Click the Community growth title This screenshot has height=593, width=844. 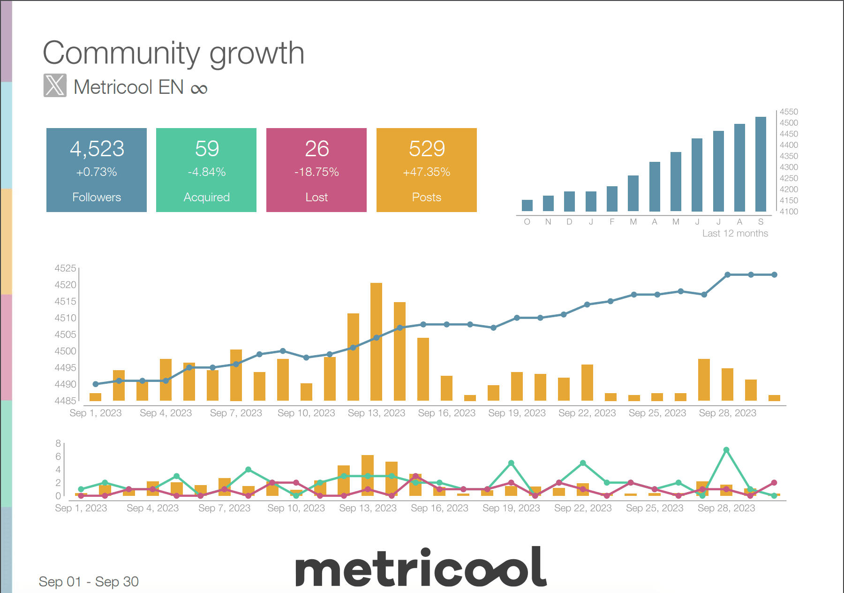click(173, 53)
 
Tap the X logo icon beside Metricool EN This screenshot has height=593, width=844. click(55, 85)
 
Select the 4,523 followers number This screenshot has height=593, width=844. click(97, 149)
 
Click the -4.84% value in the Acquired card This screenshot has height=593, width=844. click(206, 172)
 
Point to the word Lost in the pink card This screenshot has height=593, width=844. click(316, 198)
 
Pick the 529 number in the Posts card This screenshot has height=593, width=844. click(426, 149)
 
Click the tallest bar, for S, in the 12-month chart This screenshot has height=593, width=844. click(761, 164)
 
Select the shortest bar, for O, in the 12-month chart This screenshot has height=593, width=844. click(527, 205)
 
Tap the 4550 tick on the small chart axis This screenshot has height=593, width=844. click(789, 112)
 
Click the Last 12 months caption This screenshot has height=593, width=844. click(735, 233)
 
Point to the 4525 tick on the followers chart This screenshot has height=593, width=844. click(65, 268)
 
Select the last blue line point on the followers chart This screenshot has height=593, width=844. click(774, 275)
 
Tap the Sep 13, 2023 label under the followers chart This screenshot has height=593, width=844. click(376, 413)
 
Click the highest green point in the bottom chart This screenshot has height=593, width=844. click(726, 450)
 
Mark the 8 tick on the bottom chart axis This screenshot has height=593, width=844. click(58, 443)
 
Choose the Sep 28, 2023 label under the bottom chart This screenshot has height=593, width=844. click(726, 508)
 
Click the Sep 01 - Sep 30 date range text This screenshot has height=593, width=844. click(89, 582)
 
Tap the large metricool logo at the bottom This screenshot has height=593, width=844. click(421, 568)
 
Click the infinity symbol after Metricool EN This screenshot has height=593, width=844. click(199, 89)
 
